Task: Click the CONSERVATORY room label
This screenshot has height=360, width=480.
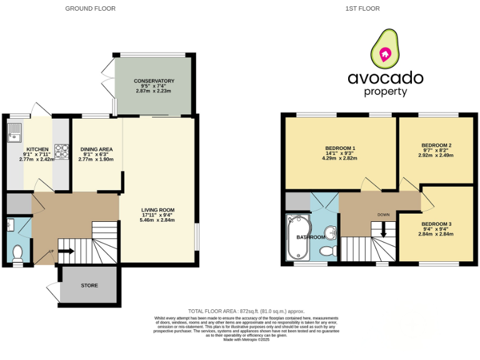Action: pyautogui.click(x=153, y=81)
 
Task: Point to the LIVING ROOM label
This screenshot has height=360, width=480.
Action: pyautogui.click(x=157, y=210)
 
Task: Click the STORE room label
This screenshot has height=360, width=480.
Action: pyautogui.click(x=89, y=286)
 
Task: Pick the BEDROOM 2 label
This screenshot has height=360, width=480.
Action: pyautogui.click(x=436, y=146)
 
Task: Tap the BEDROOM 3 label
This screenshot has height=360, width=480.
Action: pyautogui.click(x=436, y=224)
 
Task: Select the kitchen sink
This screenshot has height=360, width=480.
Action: pyautogui.click(x=14, y=132)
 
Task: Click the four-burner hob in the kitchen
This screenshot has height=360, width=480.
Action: pyautogui.click(x=62, y=151)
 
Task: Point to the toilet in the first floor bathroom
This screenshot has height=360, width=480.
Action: pyautogui.click(x=327, y=251)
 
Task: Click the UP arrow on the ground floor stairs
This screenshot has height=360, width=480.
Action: pyautogui.click(x=66, y=251)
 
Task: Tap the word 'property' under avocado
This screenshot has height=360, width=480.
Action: pyautogui.click(x=386, y=92)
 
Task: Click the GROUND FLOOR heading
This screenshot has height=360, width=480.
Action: pyautogui.click(x=91, y=9)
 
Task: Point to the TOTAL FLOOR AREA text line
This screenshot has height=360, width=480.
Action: pyautogui.click(x=246, y=311)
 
